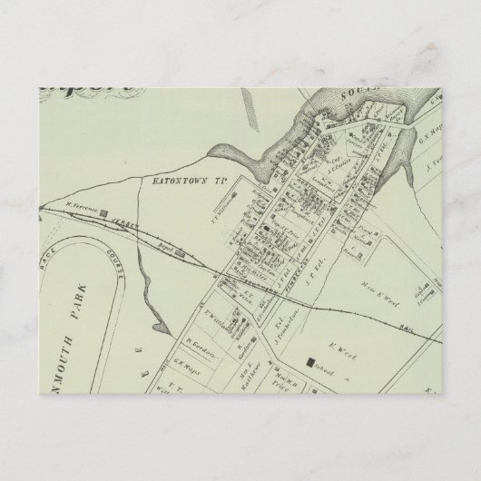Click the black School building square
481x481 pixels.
click(310, 363)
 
